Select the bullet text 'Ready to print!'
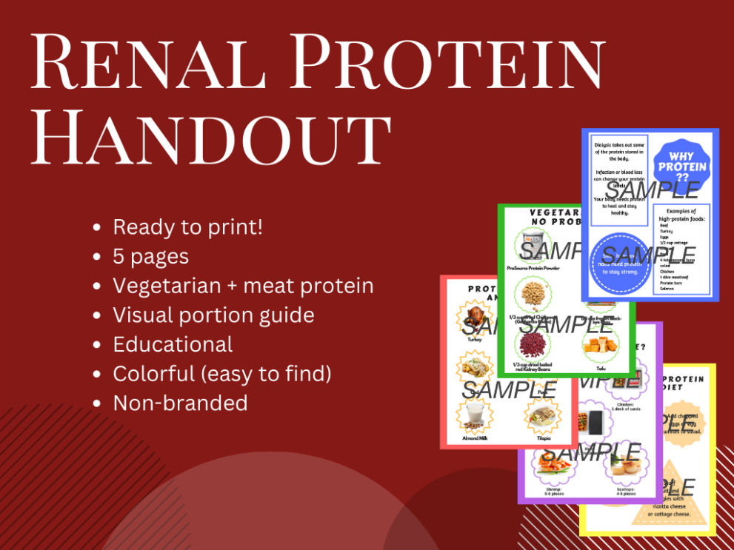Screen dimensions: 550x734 click(187, 227)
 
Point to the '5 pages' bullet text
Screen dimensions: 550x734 click(150, 257)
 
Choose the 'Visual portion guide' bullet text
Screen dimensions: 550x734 click(213, 315)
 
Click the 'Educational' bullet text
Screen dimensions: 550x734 click(173, 344)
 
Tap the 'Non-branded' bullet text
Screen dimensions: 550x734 click(180, 403)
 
